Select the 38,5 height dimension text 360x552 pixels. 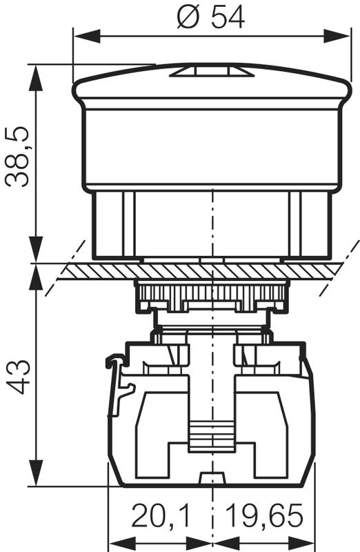(x=17, y=156)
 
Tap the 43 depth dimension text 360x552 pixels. (x=18, y=377)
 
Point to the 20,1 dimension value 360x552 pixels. (x=161, y=515)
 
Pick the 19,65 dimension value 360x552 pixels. (x=264, y=515)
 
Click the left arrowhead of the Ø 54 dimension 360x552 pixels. (x=87, y=37)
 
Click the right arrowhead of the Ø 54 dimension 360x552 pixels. (x=337, y=37)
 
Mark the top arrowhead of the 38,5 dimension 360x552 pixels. (x=37, y=78)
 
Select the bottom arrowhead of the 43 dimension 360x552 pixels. (x=37, y=473)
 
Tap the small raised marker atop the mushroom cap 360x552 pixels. (x=212, y=71)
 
